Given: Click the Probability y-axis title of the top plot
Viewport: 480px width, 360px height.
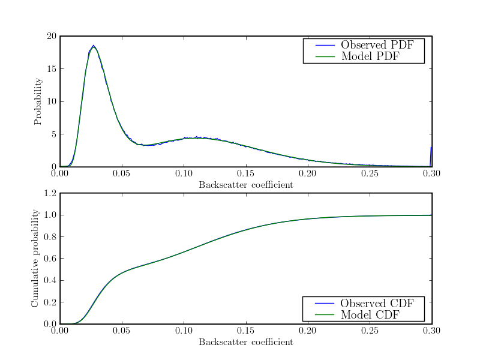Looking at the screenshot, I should pos(38,101).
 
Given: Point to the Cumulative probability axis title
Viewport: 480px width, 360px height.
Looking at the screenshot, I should pos(35,259).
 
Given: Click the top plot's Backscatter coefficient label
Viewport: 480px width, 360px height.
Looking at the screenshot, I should pos(246,185).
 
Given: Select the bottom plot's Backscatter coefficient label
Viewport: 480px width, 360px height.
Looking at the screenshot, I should pos(246,342).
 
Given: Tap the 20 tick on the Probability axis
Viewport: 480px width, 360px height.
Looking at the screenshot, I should pos(51,37).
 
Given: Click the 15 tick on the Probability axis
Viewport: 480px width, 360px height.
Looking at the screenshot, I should pos(51,69).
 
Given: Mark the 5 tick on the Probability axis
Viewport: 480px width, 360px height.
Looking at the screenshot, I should pos(53,134).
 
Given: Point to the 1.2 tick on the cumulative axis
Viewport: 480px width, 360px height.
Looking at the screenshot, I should pos(49,194).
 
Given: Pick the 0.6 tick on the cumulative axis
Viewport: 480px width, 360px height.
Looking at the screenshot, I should pos(49,259).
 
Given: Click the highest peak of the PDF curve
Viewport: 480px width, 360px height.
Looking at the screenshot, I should pos(94,46).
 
